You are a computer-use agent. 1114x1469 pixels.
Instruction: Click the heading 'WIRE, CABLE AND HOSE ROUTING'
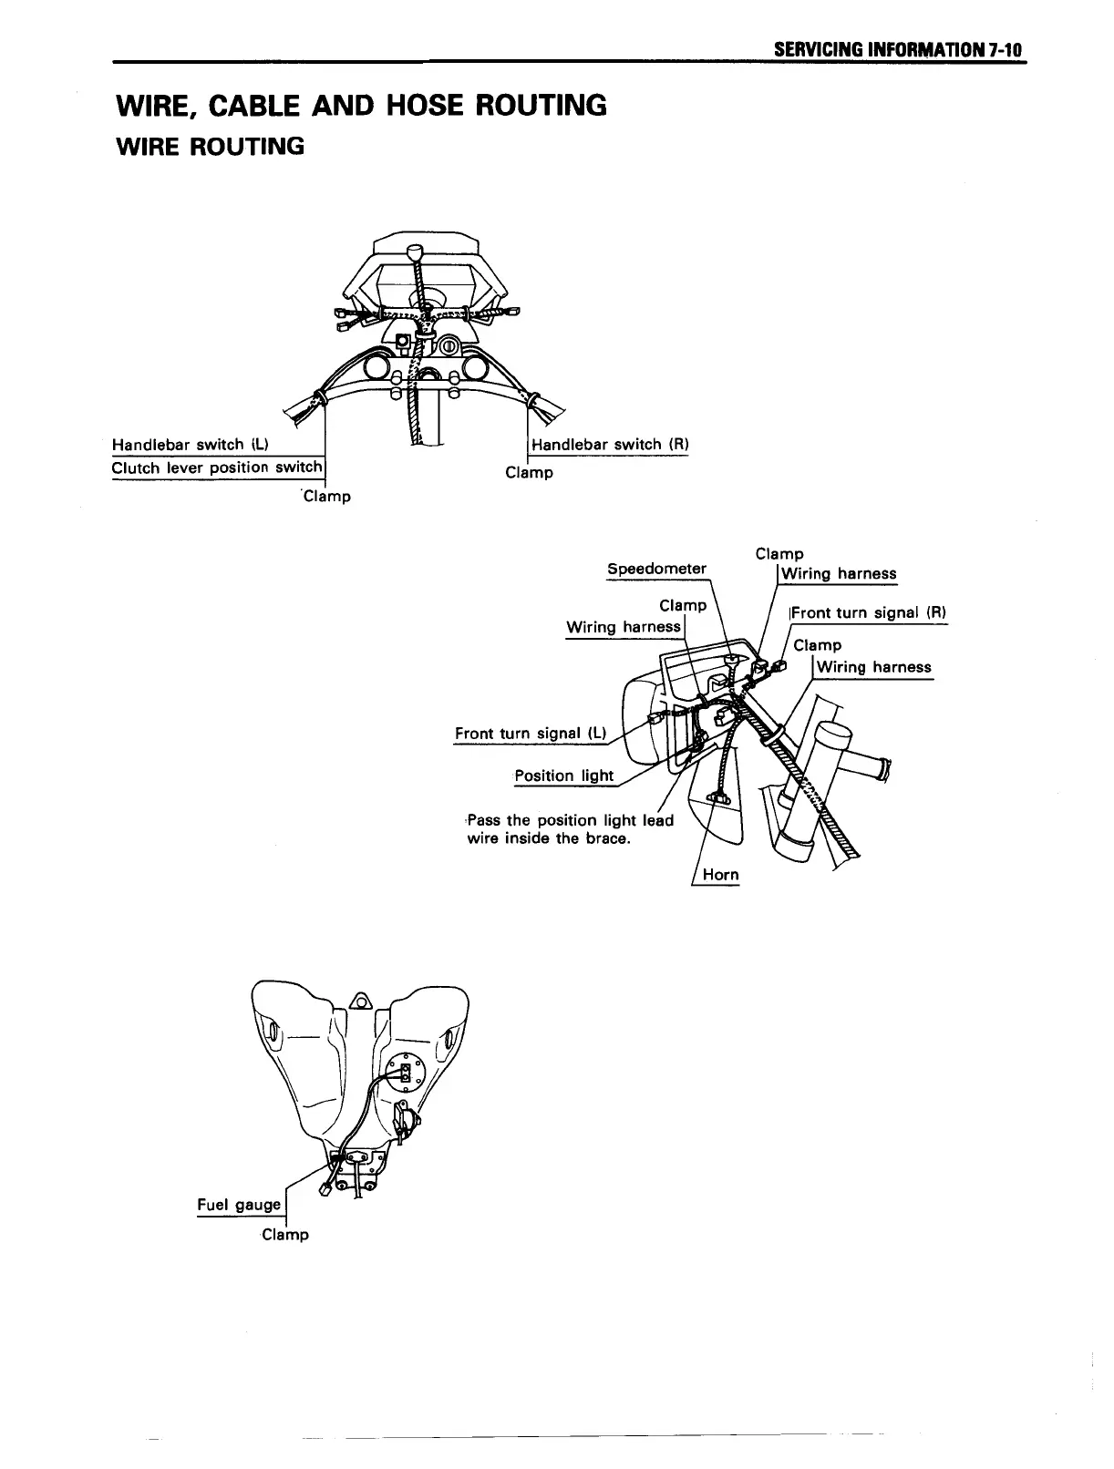pyautogui.click(x=361, y=106)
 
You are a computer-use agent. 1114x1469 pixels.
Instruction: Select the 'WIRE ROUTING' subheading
pyautogui.click(x=210, y=146)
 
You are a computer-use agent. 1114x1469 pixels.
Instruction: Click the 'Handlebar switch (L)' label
pyautogui.click(x=190, y=445)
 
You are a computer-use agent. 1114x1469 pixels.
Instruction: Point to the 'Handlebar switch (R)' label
pyautogui.click(x=609, y=445)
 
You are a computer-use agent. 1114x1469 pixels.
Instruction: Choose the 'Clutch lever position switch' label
pyautogui.click(x=217, y=467)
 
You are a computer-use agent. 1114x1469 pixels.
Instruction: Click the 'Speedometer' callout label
pyautogui.click(x=656, y=569)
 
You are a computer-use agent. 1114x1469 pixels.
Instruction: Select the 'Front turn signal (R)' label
pyautogui.click(x=869, y=612)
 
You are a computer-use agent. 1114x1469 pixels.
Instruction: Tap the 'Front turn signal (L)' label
pyautogui.click(x=531, y=734)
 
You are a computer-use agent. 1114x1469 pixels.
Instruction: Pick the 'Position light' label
pyautogui.click(x=564, y=776)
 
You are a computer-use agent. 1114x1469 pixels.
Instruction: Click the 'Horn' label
pyautogui.click(x=720, y=875)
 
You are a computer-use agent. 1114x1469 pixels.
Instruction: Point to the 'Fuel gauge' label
pyautogui.click(x=239, y=1205)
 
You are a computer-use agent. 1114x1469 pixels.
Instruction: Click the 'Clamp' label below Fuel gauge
pyautogui.click(x=285, y=1235)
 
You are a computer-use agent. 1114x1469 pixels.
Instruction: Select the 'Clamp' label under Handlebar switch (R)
pyautogui.click(x=529, y=473)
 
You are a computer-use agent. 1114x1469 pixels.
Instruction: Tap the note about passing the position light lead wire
pyautogui.click(x=570, y=829)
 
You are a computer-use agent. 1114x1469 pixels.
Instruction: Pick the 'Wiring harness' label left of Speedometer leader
pyautogui.click(x=624, y=627)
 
